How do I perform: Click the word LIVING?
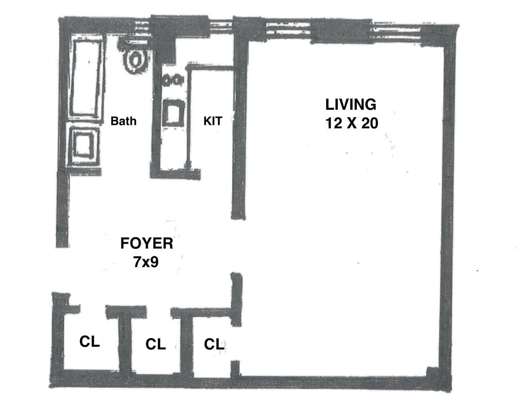coord(350,105)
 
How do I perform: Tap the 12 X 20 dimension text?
coord(351,124)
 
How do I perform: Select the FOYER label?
coord(146,243)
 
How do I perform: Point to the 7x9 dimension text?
coord(146,262)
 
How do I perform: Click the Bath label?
coord(123,121)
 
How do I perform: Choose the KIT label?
coord(213,121)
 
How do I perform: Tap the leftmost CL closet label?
coord(89,342)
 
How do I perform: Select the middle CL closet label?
coord(156,344)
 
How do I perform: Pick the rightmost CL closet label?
coord(214,344)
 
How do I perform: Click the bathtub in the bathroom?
coord(85,77)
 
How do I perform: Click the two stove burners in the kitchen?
coord(173,80)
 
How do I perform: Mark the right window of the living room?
coord(397,31)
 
